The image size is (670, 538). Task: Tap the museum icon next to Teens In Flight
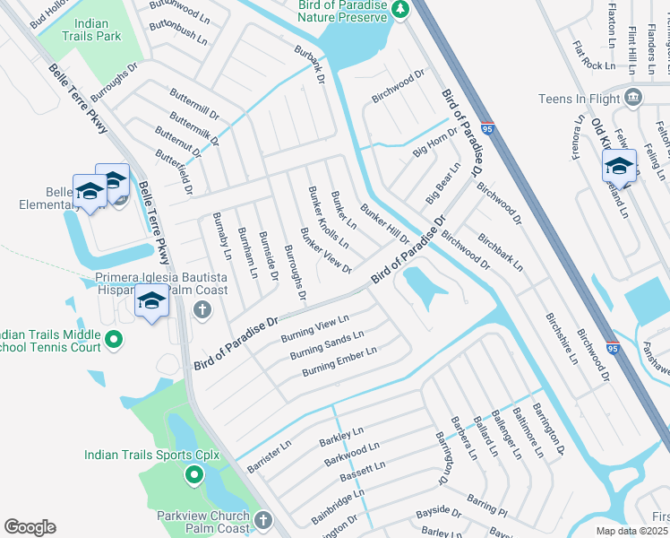(634, 98)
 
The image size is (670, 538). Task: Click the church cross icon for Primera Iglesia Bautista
(202, 310)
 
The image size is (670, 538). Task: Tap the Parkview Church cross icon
(262, 519)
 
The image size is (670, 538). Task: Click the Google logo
(30, 527)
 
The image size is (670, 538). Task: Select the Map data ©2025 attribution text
(632, 531)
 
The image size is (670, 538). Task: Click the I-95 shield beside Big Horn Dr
(486, 129)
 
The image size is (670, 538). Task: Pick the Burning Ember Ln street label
(339, 361)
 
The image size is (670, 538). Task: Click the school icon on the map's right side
(619, 168)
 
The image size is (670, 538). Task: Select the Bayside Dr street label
(438, 515)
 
